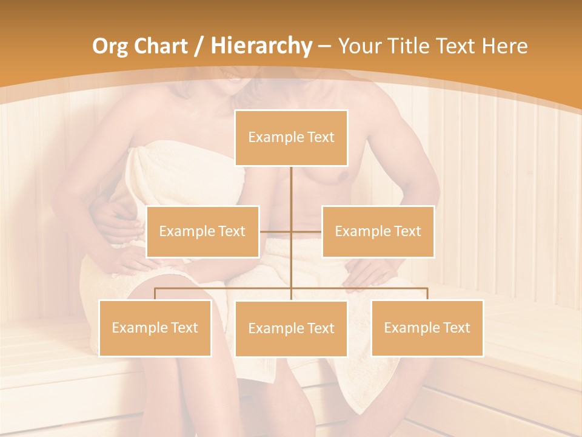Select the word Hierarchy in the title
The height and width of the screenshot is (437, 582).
[x=261, y=46]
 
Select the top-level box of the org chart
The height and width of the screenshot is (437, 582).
[x=291, y=138]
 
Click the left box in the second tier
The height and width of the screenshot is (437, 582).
[x=202, y=231]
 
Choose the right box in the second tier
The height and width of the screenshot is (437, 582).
[x=378, y=231]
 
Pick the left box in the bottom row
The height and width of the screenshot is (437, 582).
[x=155, y=328]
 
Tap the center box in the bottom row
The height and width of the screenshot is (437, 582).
[x=291, y=329]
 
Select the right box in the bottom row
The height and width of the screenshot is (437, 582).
[x=427, y=328]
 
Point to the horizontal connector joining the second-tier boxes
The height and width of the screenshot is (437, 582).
[x=276, y=231]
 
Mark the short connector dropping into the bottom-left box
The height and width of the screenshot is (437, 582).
[x=155, y=294]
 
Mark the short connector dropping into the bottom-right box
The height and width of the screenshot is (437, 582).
[x=427, y=294]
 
